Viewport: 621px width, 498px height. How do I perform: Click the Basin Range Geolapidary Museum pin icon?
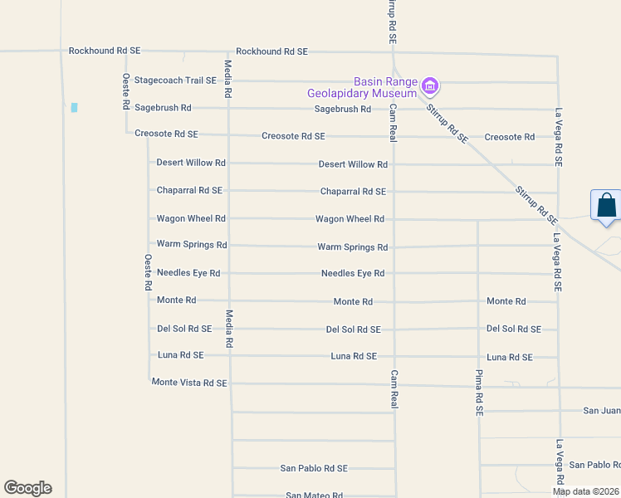[x=430, y=85]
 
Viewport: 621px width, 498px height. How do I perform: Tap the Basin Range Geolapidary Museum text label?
[x=384, y=87]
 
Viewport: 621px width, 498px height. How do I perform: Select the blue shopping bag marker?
[x=606, y=206]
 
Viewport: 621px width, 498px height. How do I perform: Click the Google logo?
[x=27, y=488]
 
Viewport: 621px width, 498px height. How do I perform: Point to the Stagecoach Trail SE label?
[x=175, y=81]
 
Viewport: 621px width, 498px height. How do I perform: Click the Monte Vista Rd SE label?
[x=189, y=383]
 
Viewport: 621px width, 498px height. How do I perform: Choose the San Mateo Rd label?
[x=314, y=496]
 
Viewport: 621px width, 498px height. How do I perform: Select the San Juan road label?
[x=601, y=410]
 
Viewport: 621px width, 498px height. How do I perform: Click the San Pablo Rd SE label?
[x=314, y=468]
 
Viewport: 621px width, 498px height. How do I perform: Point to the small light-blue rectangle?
[x=74, y=108]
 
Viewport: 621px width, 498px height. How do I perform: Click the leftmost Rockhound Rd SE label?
[x=105, y=51]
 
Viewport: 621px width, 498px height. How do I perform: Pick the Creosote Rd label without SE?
[x=509, y=137]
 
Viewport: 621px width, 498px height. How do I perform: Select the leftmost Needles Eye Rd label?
[x=188, y=273]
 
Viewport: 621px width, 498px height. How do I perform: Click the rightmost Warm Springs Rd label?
[x=352, y=247]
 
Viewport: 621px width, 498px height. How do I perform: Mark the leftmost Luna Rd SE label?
[x=180, y=355]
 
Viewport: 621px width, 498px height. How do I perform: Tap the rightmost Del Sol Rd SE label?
[x=513, y=329]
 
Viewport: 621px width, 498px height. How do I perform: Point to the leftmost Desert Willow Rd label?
[x=191, y=163]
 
